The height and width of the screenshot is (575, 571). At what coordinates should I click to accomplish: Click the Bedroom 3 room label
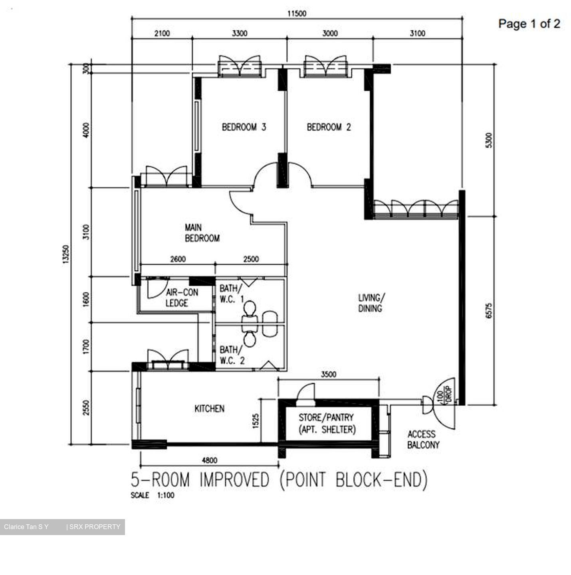[x=244, y=127]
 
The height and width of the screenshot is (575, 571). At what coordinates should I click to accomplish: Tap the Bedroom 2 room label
[x=329, y=127]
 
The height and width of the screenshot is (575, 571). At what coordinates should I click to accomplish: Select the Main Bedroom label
[x=202, y=233]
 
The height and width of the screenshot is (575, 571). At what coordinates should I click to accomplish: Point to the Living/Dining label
[x=371, y=303]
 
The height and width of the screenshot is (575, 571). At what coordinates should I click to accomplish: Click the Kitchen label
[x=209, y=408]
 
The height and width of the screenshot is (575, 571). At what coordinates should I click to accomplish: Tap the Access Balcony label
[x=423, y=440]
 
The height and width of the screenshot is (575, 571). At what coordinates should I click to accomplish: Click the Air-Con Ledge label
[x=182, y=298]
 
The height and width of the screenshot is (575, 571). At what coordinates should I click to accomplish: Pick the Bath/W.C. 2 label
[x=232, y=355]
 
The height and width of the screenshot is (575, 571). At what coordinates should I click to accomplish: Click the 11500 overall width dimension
[x=297, y=14]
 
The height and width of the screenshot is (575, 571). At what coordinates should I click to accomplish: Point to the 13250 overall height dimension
[x=65, y=254]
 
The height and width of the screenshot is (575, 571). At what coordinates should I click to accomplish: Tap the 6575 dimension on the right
[x=489, y=311]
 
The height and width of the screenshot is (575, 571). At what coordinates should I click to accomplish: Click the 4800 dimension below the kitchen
[x=210, y=460]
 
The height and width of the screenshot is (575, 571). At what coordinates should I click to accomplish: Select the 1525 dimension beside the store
[x=256, y=421]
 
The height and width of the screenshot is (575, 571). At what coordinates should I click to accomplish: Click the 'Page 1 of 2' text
[x=529, y=24]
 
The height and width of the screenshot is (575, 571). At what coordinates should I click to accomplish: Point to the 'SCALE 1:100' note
[x=152, y=495]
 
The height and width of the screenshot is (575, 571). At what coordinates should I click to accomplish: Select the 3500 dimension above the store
[x=329, y=374]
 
